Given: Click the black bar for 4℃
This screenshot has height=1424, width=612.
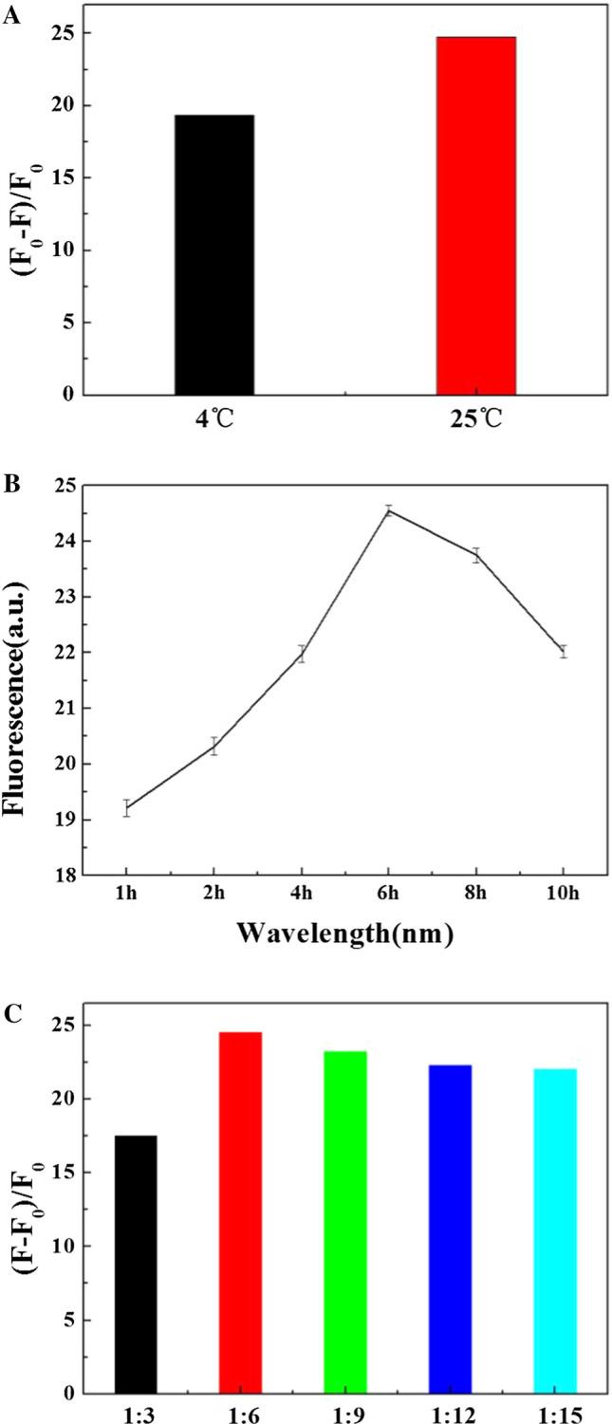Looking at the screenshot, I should pos(214,254).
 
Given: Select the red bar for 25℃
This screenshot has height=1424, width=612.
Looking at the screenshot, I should pos(475,215).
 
